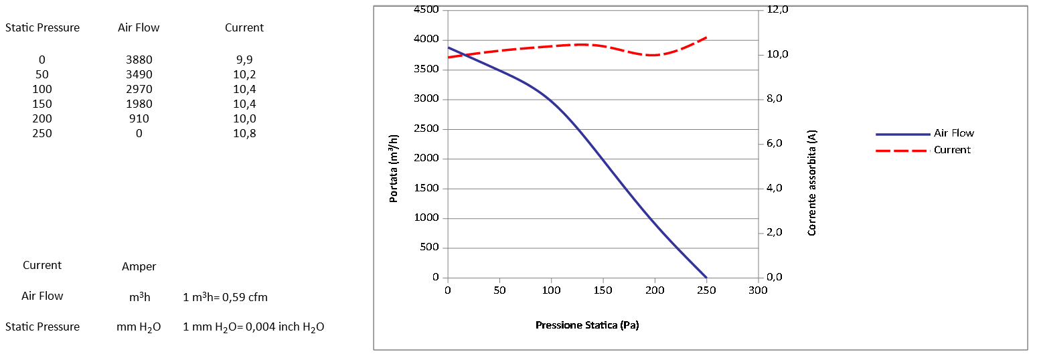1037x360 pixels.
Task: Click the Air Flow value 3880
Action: pos(139,60)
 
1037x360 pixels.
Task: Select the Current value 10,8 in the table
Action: pos(244,133)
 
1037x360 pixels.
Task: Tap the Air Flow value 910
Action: pos(139,118)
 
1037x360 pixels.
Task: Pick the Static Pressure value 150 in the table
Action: pos(42,104)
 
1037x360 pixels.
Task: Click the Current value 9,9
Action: pos(244,60)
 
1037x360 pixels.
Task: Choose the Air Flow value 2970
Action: pos(139,89)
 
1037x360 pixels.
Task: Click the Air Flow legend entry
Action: pos(953,133)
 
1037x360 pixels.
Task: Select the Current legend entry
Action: pos(951,150)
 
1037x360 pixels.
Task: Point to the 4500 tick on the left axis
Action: pos(426,10)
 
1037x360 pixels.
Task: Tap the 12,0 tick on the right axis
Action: pos(778,10)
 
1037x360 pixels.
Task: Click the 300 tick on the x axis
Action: pos(758,290)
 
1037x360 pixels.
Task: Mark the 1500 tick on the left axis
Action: pos(426,188)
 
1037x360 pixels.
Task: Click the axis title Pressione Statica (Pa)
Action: pos(587,325)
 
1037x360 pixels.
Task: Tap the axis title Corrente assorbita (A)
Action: pos(812,182)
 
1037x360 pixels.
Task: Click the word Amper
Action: pos(139,266)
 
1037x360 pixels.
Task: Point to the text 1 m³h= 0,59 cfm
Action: pos(225,297)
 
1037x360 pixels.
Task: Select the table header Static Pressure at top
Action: pos(42,27)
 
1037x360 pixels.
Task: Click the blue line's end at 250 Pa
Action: pos(706,277)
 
